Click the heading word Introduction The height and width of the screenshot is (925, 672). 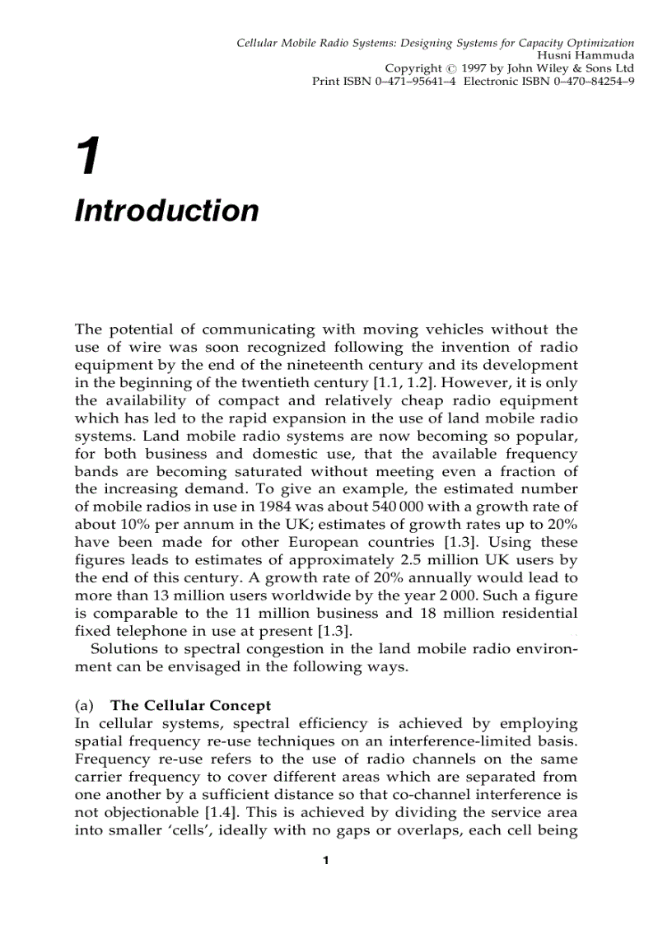click(x=166, y=211)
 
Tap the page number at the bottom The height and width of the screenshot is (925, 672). click(x=325, y=861)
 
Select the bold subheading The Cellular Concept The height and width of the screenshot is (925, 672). click(x=190, y=706)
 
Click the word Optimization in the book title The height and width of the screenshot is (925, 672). click(x=600, y=42)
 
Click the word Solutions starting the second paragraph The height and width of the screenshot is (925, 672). click(x=122, y=650)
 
